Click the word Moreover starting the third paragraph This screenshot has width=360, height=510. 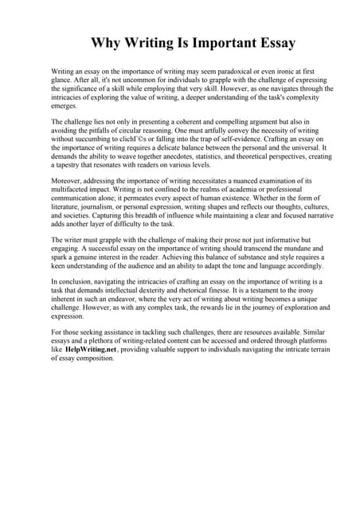66,181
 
